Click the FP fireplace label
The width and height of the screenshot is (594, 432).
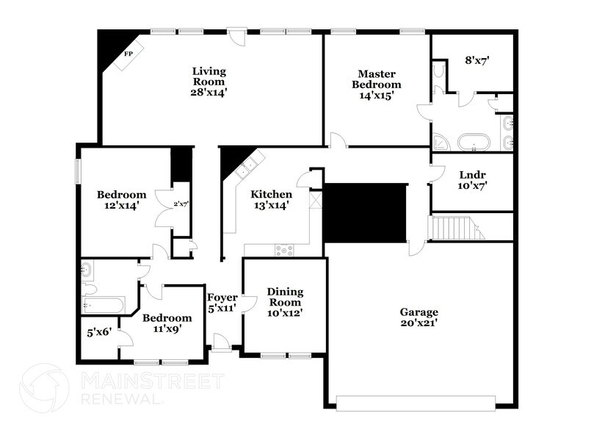point(128,54)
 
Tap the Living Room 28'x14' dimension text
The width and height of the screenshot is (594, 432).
point(209,92)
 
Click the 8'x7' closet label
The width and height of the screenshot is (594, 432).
point(477,60)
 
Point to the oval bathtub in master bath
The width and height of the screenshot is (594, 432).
point(474,143)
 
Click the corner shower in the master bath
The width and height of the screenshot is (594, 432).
point(441,143)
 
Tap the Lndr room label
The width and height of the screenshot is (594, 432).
point(472,175)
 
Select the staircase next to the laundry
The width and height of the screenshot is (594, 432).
point(456,228)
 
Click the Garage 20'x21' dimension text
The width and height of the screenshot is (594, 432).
point(419,323)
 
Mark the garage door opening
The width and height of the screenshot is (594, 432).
point(416,403)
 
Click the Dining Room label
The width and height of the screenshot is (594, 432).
point(285,297)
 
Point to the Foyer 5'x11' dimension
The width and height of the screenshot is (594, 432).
point(222,308)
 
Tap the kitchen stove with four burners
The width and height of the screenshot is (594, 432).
point(284,250)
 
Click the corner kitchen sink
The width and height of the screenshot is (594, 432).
point(245,168)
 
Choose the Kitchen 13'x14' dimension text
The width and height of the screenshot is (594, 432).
point(271,205)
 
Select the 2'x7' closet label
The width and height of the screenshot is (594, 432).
point(181,204)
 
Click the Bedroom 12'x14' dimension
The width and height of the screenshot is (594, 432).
point(121,206)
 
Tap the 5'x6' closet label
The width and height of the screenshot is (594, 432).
point(99,332)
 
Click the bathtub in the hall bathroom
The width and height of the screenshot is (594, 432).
point(104,305)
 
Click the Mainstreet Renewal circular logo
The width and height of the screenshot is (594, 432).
point(44,388)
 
